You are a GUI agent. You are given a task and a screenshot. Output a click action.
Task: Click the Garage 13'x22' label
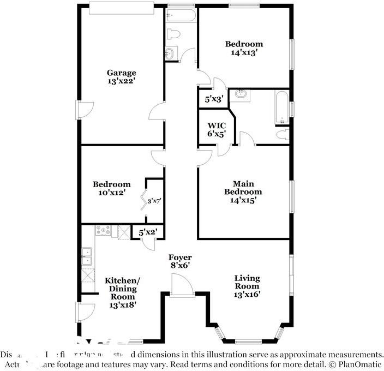click(121, 76)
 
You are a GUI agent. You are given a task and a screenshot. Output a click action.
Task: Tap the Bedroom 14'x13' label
click(244, 48)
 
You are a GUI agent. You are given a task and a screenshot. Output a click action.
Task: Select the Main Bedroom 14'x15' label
click(243, 192)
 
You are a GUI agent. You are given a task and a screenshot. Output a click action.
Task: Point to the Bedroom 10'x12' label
click(111, 188)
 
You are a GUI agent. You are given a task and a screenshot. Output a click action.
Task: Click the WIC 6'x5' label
click(212, 129)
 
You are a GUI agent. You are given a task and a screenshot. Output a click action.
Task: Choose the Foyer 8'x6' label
click(179, 261)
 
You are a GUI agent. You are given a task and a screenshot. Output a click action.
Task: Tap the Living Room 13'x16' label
click(247, 286)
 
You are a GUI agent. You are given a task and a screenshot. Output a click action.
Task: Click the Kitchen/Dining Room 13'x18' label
click(122, 292)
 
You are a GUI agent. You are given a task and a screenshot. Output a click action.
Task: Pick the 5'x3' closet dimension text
click(212, 99)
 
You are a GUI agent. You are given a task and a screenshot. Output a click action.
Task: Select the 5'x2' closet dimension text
click(148, 232)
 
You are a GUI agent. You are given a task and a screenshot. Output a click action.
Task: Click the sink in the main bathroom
click(241, 95)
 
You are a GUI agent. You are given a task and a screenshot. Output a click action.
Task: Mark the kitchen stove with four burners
click(104, 231)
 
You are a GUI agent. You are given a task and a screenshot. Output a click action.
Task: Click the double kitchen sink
click(87, 256)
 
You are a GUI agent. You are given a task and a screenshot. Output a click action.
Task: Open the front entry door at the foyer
click(182, 285)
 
